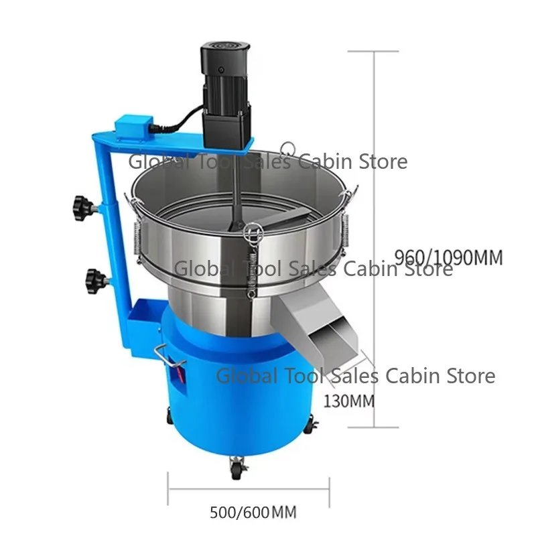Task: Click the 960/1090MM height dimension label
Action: pyautogui.click(x=448, y=257)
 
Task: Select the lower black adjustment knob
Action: pyautogui.click(x=95, y=275)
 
